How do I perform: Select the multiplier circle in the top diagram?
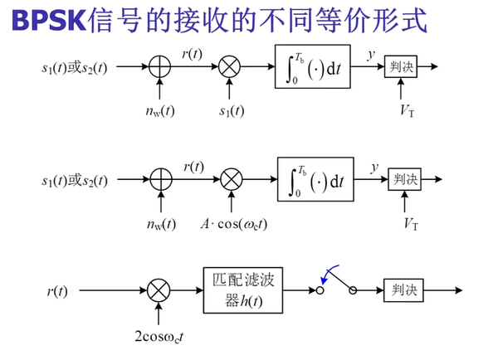click(229, 68)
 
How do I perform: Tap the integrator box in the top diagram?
click(315, 67)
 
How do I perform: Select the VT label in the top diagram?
click(407, 109)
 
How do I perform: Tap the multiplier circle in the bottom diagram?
click(159, 291)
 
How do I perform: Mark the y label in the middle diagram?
click(374, 167)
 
